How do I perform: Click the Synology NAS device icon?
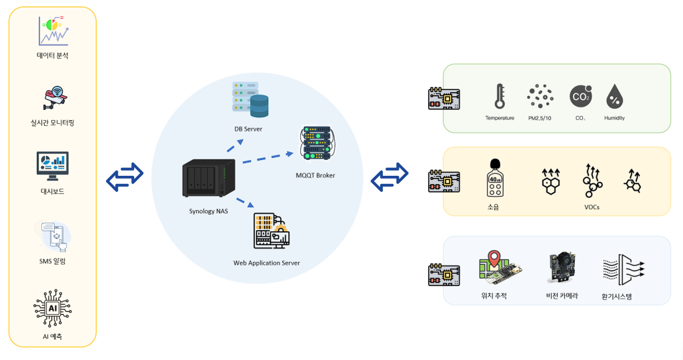point(209,177)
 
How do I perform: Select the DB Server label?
point(248,129)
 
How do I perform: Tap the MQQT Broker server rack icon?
point(317,143)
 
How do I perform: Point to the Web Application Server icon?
point(271,231)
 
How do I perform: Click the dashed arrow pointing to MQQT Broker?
point(268,157)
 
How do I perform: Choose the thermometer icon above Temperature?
point(500,96)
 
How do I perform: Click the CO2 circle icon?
point(581,96)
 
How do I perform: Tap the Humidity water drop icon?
point(614,97)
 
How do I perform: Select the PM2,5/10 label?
point(540,118)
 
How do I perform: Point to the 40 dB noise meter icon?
point(495,178)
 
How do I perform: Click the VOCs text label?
point(592,207)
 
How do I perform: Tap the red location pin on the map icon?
point(494,258)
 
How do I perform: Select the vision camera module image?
point(562,267)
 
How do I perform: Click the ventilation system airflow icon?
point(624,269)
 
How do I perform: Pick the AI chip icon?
point(53,308)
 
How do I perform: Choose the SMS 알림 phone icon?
point(55,237)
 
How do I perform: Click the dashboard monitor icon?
point(52,166)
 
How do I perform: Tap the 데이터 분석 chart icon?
point(53,31)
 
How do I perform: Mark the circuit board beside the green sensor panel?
point(444,99)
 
